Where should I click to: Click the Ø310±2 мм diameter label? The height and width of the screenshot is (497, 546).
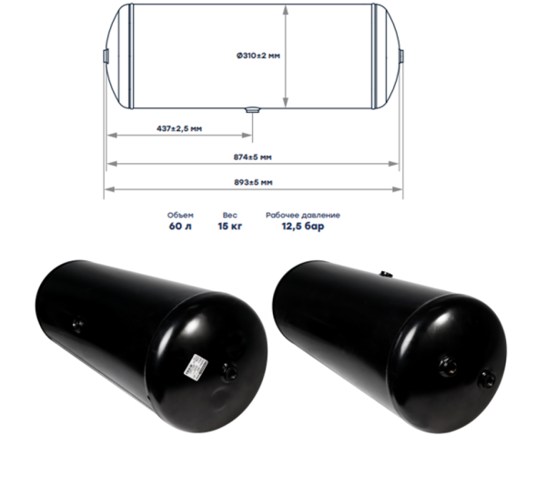258,56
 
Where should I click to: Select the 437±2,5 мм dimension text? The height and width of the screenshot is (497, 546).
179,128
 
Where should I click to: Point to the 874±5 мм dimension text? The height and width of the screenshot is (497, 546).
252,157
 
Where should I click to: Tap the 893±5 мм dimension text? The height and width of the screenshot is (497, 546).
253,182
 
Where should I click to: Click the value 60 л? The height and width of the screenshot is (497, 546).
180,227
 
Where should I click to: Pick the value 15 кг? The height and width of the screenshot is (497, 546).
230,227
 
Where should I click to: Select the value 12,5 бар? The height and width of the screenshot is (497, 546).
303,227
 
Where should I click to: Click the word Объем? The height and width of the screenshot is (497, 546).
180,215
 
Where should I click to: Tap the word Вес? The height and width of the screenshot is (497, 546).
230,215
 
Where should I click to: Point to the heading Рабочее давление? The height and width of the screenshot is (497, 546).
303,215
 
